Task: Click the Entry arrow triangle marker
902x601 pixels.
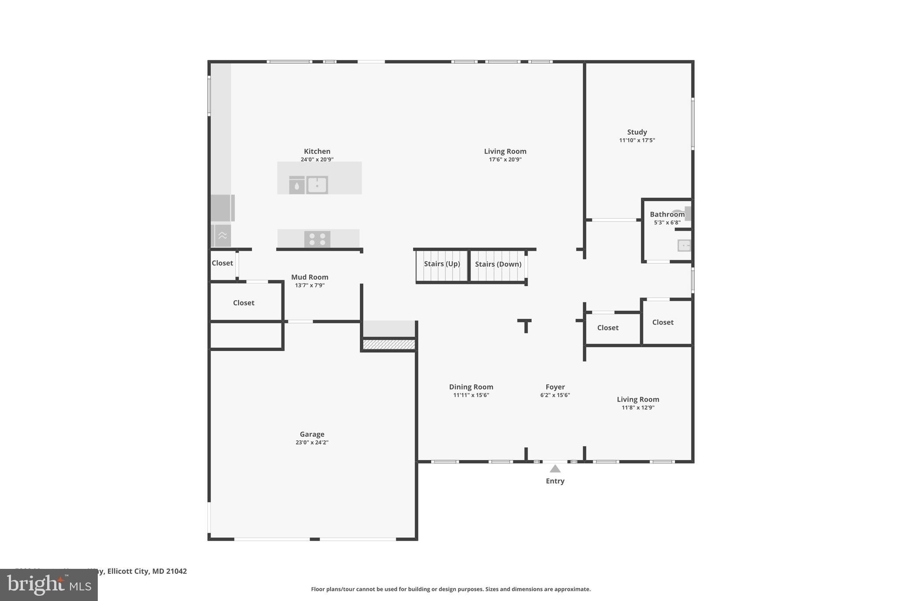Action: (x=555, y=469)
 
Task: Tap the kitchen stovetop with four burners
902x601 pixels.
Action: (x=317, y=239)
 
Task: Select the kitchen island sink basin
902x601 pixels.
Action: (x=317, y=185)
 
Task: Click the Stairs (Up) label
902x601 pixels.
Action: (x=442, y=264)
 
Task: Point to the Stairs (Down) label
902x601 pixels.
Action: (x=498, y=264)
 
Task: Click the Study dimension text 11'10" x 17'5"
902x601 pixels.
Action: (x=637, y=140)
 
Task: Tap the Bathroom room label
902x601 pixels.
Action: (x=667, y=214)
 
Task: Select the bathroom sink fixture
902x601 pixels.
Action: (x=684, y=245)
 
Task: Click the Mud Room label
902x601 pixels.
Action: (x=310, y=277)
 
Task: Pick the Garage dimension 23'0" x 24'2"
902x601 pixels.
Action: (x=312, y=442)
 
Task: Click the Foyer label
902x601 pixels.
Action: (x=555, y=387)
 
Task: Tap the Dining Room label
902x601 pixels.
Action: (x=471, y=387)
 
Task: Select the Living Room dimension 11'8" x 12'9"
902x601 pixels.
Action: (x=638, y=408)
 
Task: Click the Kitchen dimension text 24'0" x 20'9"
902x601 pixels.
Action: (x=317, y=159)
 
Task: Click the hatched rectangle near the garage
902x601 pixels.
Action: (x=389, y=344)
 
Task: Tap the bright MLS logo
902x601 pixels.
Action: (x=48, y=585)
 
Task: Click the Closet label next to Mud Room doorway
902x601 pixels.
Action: (x=222, y=263)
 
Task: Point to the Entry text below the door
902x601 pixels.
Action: (x=555, y=481)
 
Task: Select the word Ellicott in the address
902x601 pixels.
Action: (x=120, y=571)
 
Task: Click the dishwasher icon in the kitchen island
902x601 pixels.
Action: (x=297, y=185)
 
